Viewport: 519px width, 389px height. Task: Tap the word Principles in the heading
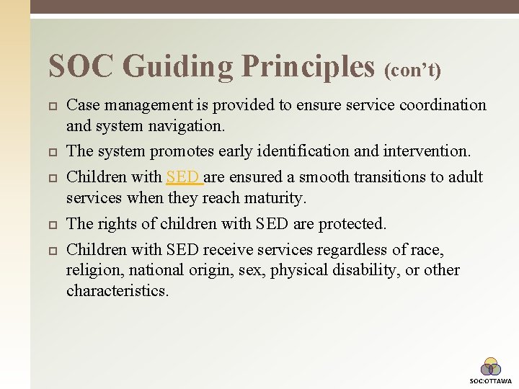[x=309, y=67]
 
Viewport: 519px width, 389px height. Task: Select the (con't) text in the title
[x=413, y=71]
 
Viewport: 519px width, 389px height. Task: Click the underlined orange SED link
[x=183, y=176]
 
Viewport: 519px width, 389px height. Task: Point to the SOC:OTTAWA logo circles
[x=491, y=367]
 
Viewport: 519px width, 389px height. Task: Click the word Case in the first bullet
[x=81, y=105]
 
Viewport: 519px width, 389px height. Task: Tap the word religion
[x=92, y=271]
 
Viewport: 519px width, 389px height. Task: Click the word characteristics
[x=117, y=291]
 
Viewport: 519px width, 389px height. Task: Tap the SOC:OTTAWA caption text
[x=491, y=380]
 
